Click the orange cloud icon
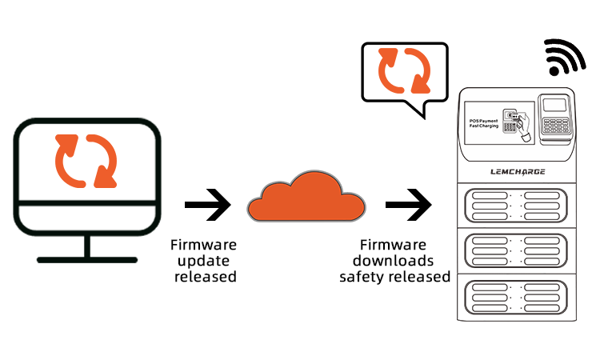(x=306, y=199)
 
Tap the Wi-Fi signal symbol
(x=566, y=58)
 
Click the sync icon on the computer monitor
(x=86, y=160)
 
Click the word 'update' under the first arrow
(x=204, y=261)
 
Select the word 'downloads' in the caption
(x=394, y=261)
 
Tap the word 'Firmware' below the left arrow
(x=204, y=245)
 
